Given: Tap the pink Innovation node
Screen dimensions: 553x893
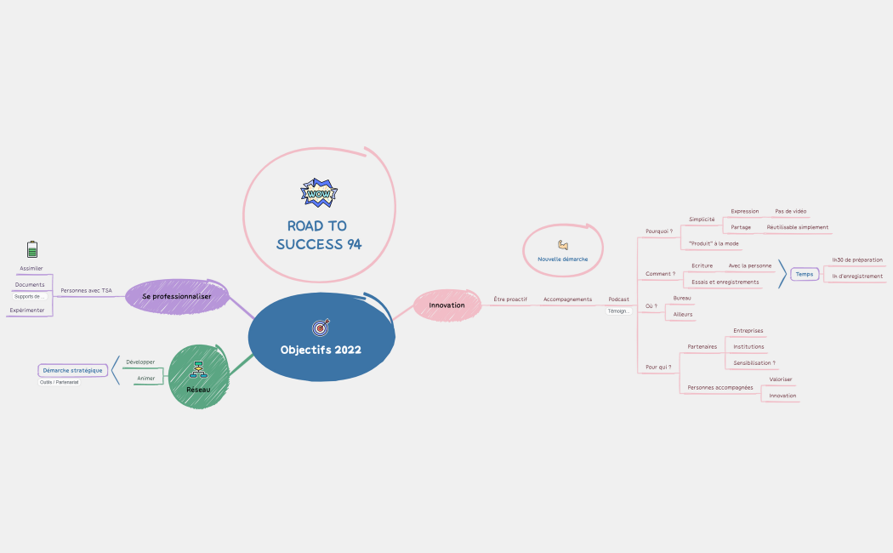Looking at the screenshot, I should point(447,305).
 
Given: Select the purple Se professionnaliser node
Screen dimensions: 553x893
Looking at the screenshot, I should point(177,296).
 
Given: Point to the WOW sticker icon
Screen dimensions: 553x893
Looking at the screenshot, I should point(319,193).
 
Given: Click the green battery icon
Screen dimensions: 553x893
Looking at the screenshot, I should point(32,249).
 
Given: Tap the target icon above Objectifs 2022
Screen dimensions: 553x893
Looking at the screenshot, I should point(321,327).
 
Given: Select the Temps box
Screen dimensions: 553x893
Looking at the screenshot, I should point(805,274).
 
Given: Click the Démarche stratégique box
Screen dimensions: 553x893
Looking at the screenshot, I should point(73,370).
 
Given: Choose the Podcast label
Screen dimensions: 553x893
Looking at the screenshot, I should point(619,299).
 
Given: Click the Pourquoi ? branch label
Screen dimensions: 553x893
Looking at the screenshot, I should point(659,231).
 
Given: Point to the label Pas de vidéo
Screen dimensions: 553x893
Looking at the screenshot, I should point(791,211).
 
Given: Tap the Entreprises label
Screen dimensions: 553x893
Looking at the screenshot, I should point(748,331).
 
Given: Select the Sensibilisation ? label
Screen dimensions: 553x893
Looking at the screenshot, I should point(754,363).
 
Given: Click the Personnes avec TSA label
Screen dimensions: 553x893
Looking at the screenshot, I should point(86,291).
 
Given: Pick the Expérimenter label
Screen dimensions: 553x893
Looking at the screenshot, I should point(27,311).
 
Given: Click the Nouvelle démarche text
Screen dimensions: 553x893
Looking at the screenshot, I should point(562,259).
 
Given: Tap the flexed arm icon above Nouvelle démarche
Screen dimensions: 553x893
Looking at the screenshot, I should point(563,245).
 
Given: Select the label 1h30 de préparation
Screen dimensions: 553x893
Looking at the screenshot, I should point(857,259).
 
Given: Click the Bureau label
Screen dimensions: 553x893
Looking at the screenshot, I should point(682,299).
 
